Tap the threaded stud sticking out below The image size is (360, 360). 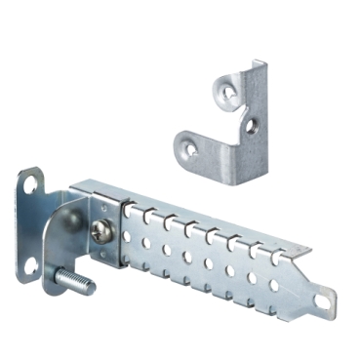pos(78,286)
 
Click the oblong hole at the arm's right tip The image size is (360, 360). pos(322,300)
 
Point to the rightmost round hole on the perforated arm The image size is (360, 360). pos(274,285)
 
